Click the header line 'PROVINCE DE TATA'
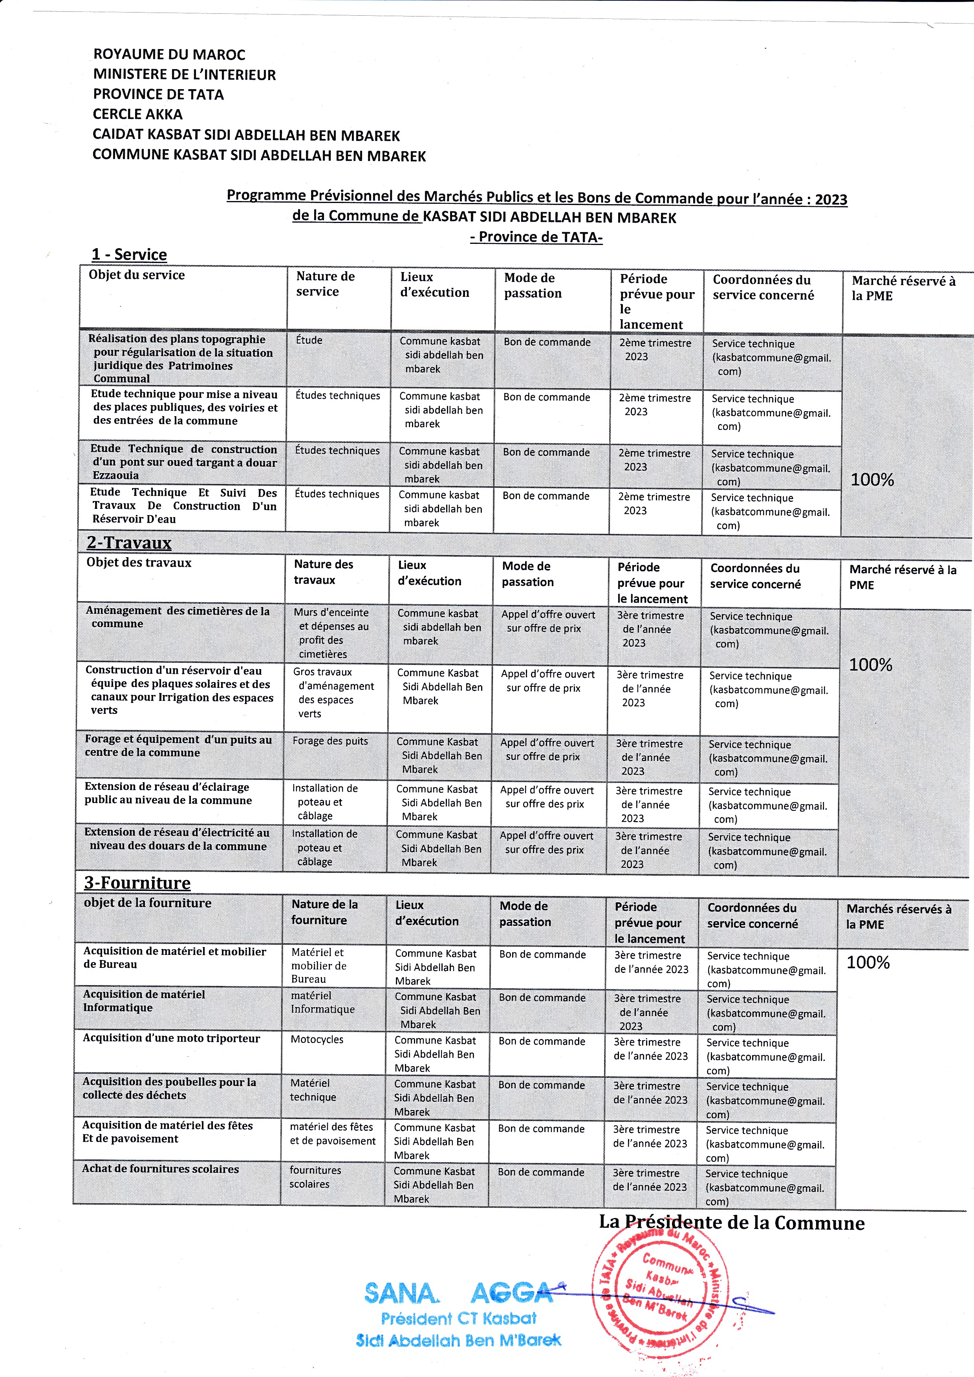pos(158,95)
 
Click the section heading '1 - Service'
pos(129,255)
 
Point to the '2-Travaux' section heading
pos(129,543)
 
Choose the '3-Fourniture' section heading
pos(137,883)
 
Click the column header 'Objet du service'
pos(137,275)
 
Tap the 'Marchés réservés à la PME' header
pos(899,916)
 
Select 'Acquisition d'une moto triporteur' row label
pos(172,1038)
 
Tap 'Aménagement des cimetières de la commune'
pos(178,617)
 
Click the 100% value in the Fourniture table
pos(868,963)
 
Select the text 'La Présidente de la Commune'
pos(732,1223)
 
